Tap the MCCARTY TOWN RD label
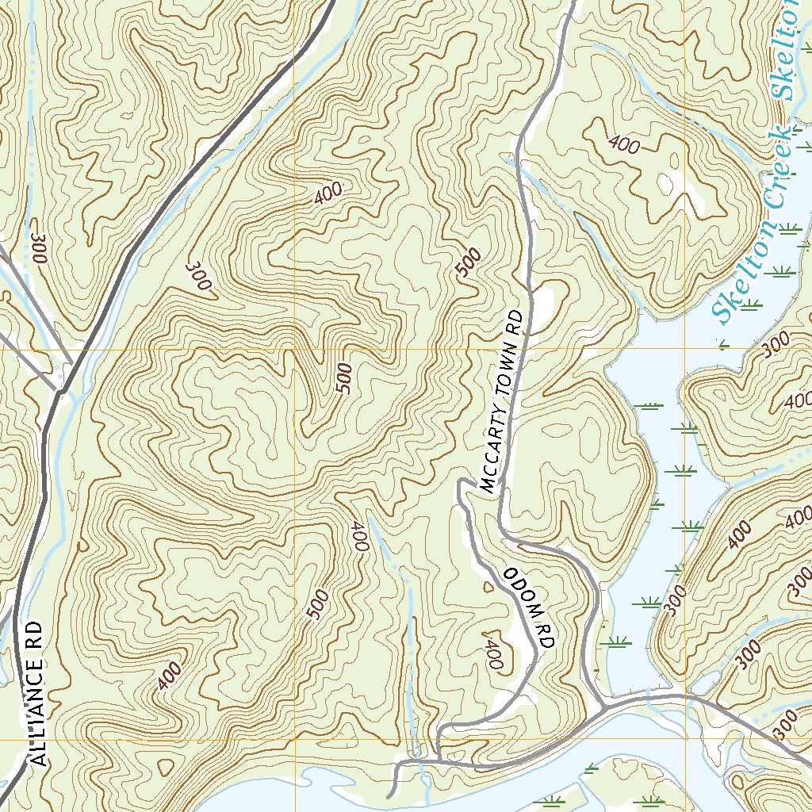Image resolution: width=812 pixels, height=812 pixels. click(503, 402)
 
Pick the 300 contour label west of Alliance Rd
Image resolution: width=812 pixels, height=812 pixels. click(36, 247)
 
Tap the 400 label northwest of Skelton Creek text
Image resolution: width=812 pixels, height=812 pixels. click(624, 144)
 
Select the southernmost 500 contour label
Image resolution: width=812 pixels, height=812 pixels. click(316, 604)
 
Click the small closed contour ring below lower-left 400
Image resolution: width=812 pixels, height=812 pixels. click(166, 767)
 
